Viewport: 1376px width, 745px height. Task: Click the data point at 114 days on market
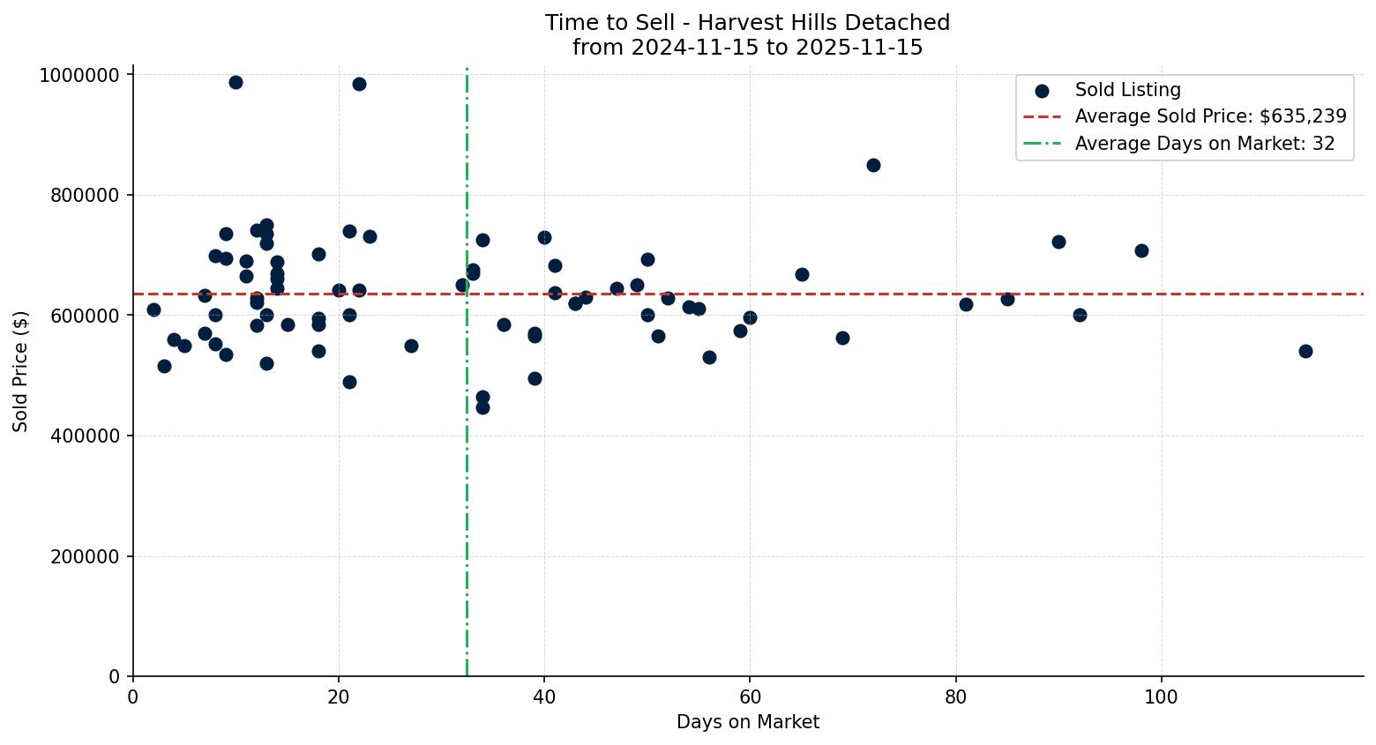click(1305, 351)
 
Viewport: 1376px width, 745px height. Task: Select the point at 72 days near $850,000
click(873, 165)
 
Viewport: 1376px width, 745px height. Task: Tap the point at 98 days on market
click(1141, 250)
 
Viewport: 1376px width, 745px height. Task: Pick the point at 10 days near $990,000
click(236, 82)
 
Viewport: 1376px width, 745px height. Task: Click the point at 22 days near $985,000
click(359, 84)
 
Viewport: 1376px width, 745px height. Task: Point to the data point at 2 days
click(153, 309)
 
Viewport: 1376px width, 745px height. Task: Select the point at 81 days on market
click(966, 304)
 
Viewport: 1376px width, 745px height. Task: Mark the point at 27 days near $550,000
click(411, 346)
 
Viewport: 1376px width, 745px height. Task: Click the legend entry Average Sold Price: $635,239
click(1210, 116)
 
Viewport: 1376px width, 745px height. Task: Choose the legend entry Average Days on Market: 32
click(1204, 144)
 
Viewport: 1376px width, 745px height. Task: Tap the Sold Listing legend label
click(1127, 90)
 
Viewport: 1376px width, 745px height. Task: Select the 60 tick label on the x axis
click(750, 696)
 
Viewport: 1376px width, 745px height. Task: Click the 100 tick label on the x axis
click(1161, 696)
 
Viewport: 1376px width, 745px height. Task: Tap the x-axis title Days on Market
click(748, 722)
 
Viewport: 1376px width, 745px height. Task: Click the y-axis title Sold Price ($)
click(20, 371)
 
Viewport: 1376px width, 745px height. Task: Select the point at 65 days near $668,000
click(802, 274)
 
